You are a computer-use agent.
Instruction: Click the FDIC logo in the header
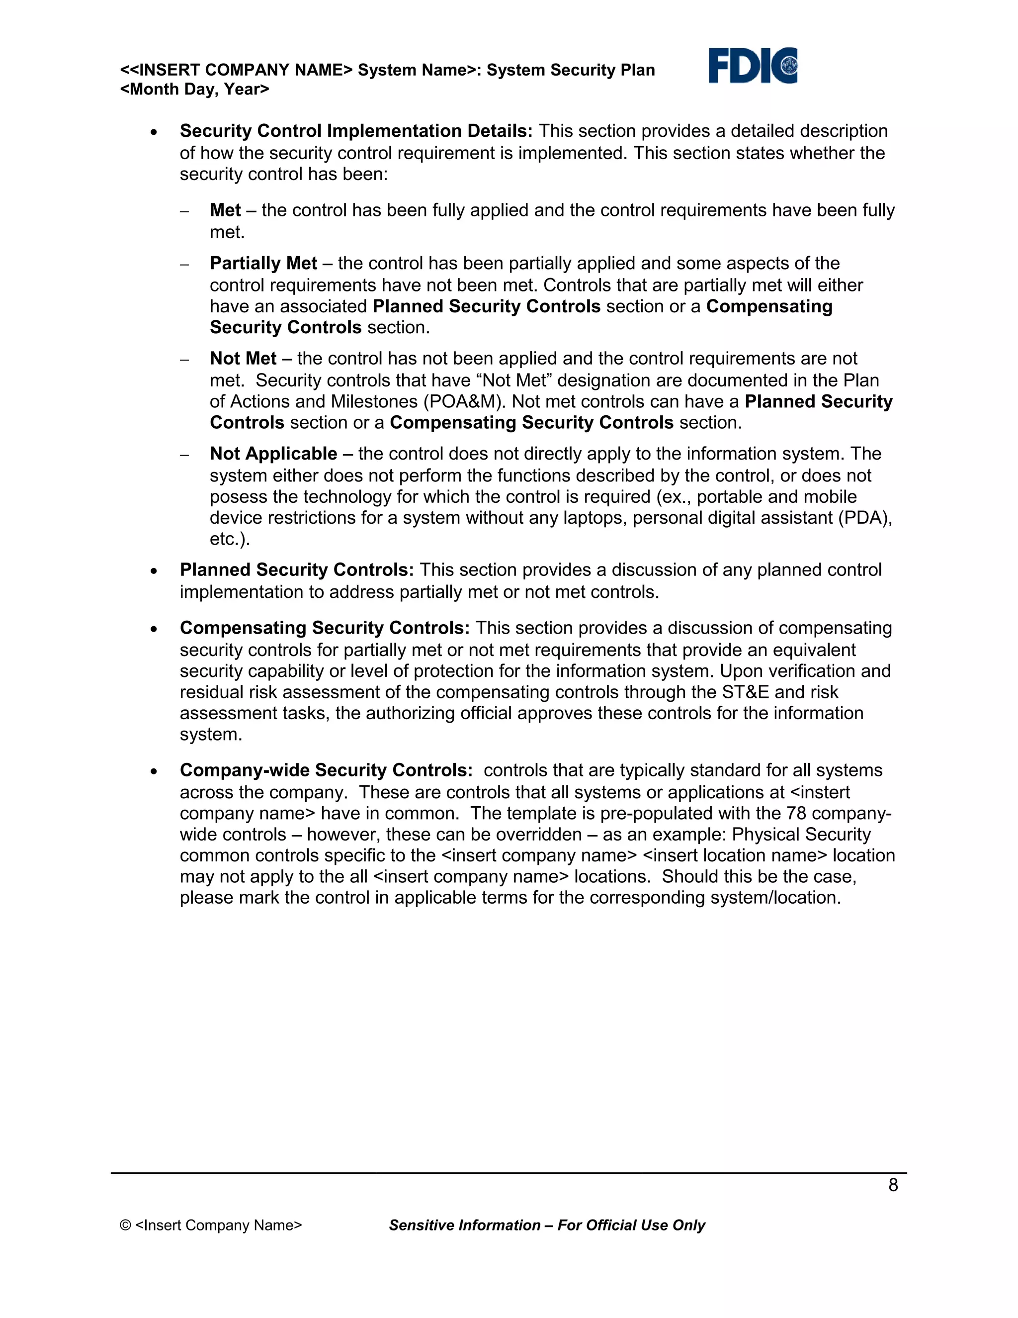coord(752,66)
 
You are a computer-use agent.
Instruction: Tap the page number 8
coord(893,1185)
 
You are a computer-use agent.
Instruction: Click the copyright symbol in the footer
coord(125,1225)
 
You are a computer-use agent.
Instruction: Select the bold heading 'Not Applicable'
coord(273,453)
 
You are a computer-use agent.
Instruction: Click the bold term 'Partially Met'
coord(263,263)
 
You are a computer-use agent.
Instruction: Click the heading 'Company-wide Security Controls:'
coord(326,770)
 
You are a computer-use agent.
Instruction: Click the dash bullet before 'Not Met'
coord(184,360)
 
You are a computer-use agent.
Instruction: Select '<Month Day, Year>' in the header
coord(194,90)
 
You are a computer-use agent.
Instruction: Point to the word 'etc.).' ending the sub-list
coord(229,539)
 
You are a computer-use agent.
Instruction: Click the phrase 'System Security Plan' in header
coord(570,70)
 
